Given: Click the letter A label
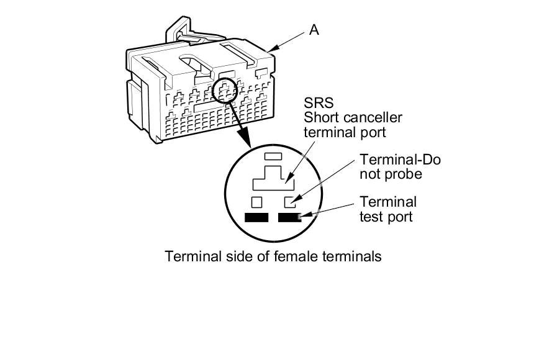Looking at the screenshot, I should click(x=314, y=30).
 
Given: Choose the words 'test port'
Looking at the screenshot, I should click(x=386, y=217).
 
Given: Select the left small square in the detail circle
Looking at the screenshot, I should click(x=256, y=202).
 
